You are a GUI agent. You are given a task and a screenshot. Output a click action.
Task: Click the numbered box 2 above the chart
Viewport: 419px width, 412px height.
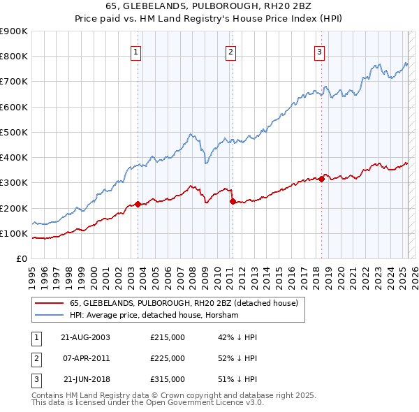(230, 51)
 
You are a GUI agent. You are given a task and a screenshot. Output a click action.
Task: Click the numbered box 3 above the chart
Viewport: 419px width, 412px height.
(319, 51)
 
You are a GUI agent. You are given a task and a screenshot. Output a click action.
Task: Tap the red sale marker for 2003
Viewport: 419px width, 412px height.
(138, 204)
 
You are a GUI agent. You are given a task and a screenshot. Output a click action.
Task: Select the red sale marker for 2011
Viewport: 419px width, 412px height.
(232, 202)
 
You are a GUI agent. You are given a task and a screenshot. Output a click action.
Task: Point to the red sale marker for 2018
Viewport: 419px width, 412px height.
(321, 179)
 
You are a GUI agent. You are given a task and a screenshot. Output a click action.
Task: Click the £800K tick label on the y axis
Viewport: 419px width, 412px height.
(14, 57)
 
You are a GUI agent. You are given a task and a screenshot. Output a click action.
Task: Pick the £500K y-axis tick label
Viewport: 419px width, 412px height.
(14, 132)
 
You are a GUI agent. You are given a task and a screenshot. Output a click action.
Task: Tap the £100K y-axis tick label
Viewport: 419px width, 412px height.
(14, 233)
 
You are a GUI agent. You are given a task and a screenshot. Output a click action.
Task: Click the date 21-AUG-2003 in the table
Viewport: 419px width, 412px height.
(86, 337)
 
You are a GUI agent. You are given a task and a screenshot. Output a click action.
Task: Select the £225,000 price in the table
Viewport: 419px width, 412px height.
(168, 358)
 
